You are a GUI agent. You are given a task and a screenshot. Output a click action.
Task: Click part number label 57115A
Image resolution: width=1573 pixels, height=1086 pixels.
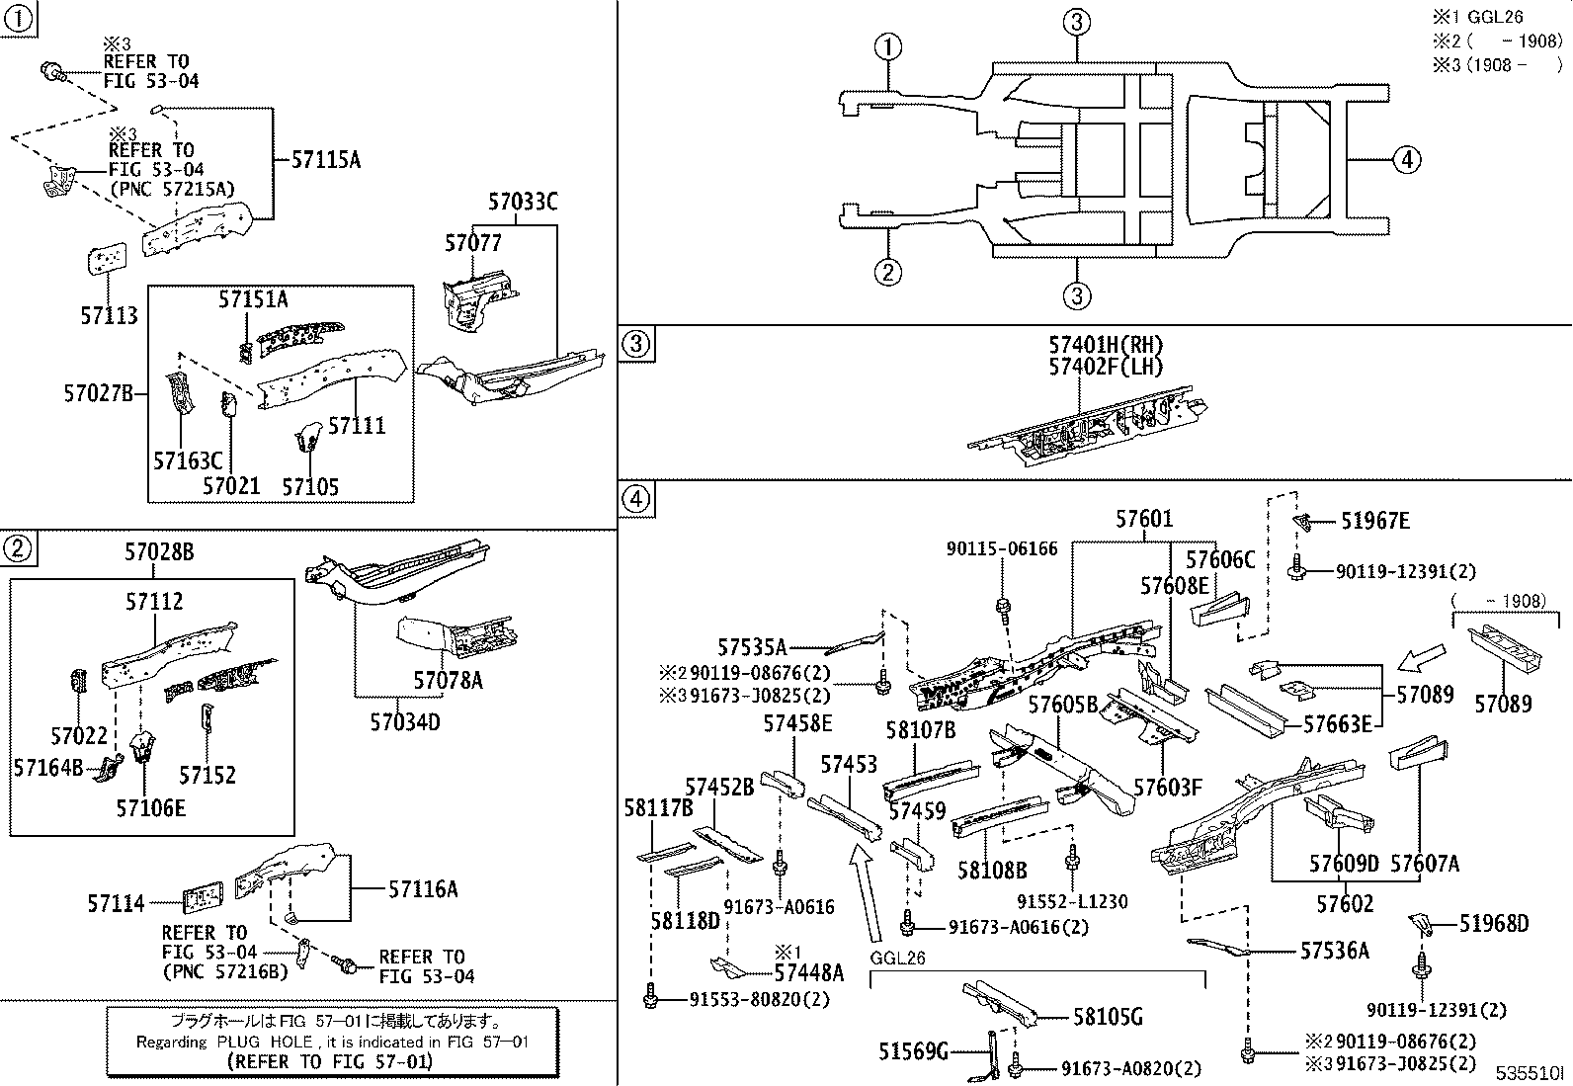[326, 158]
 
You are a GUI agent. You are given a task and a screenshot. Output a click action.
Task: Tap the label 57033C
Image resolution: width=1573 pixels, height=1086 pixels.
[523, 203]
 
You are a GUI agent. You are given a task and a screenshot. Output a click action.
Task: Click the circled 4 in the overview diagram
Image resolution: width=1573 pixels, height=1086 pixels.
[1407, 158]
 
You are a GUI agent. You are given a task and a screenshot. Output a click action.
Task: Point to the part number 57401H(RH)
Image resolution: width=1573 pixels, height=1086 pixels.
[1106, 345]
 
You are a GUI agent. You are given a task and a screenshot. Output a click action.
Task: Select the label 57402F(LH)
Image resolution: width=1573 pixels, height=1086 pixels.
[1106, 367]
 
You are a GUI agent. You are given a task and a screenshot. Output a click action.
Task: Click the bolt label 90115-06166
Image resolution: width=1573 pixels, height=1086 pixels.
[1001, 548]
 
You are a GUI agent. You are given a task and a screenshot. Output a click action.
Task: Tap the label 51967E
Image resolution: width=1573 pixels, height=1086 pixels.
[1374, 521]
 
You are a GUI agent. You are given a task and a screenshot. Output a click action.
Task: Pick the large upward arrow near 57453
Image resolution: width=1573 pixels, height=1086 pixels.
[864, 894]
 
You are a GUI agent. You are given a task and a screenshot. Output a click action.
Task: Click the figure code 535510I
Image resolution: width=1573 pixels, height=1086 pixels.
[1530, 1073]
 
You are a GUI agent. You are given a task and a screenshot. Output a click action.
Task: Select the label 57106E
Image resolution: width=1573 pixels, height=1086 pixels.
[150, 807]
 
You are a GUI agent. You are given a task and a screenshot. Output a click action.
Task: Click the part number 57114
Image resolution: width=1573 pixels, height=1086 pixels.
[116, 903]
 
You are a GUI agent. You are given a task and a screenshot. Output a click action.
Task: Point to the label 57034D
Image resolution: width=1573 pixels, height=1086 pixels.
[405, 722]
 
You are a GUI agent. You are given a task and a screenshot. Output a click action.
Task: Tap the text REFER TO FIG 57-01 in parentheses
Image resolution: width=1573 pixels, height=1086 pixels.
[329, 1062]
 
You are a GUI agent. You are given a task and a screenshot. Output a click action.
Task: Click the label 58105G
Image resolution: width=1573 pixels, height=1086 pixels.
[1108, 1017]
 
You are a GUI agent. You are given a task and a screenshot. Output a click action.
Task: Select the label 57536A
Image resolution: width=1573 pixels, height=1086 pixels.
[1334, 951]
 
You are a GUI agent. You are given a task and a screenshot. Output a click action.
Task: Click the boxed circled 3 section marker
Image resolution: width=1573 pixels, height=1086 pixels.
[636, 344]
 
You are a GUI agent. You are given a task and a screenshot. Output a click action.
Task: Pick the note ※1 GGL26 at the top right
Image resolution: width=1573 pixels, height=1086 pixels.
[1478, 17]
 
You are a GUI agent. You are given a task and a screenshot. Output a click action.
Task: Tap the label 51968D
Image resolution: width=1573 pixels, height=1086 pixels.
[1494, 924]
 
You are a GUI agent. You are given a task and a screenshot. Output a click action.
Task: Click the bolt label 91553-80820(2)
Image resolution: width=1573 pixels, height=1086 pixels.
[759, 999]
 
